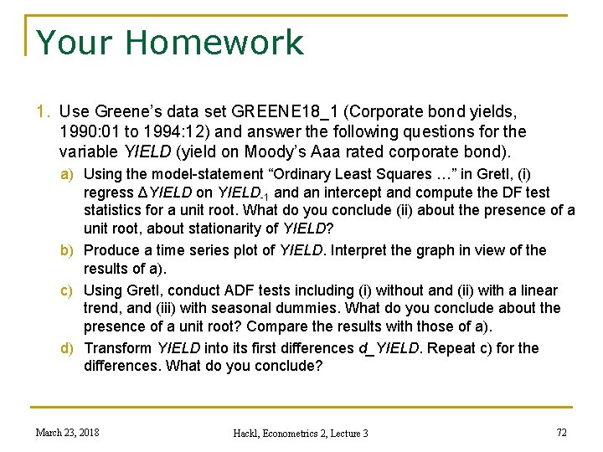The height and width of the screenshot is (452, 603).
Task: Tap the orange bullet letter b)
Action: tap(66, 250)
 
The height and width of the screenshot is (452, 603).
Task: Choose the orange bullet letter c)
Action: tap(66, 290)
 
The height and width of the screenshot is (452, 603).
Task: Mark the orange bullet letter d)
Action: tap(66, 348)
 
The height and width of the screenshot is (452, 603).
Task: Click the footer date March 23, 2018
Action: tap(67, 432)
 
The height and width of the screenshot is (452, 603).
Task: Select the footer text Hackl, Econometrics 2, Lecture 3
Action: tap(301, 433)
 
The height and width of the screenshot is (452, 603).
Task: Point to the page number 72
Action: tap(561, 432)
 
